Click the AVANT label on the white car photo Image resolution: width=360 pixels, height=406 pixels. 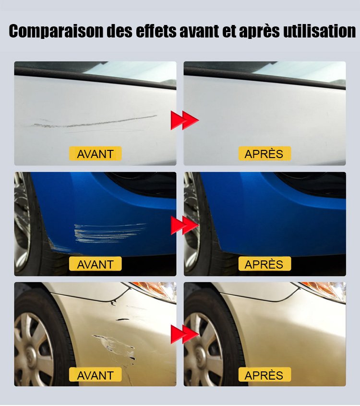[95, 154]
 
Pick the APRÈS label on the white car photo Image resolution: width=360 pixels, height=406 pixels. [264, 154]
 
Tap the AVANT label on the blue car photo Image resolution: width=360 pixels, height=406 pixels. [95, 264]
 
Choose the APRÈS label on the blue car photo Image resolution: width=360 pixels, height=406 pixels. [264, 264]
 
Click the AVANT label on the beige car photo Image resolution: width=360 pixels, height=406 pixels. [95, 374]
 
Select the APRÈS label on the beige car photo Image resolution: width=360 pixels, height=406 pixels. [264, 374]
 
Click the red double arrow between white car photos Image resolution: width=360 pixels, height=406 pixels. [185, 120]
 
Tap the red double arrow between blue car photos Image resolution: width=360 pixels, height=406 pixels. [185, 225]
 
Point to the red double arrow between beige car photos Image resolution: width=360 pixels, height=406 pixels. [185, 334]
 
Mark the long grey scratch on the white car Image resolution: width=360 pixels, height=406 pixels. [95, 123]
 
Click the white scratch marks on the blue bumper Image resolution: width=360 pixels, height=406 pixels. [110, 233]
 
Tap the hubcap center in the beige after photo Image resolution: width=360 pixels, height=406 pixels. [199, 353]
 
